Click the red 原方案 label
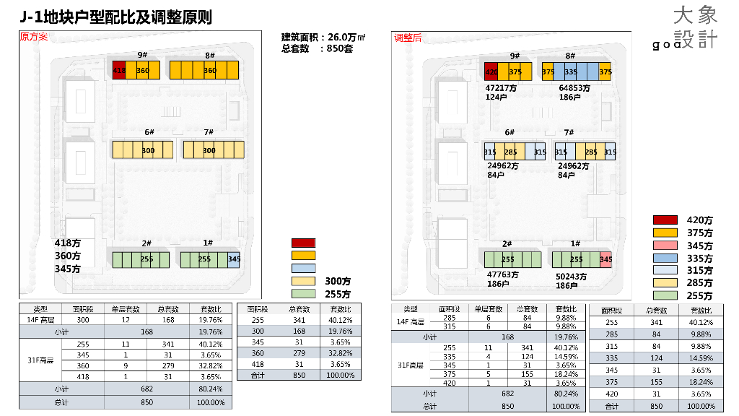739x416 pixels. click(x=34, y=37)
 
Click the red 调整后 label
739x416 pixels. click(x=408, y=38)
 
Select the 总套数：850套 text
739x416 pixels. click(x=317, y=48)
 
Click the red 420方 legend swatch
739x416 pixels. click(x=665, y=220)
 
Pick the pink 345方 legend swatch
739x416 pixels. click(x=665, y=245)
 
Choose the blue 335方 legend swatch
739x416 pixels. click(x=665, y=258)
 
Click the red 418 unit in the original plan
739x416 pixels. click(x=119, y=70)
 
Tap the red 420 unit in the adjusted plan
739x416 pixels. click(x=491, y=71)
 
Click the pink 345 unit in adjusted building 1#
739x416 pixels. click(x=606, y=259)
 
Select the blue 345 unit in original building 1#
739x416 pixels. click(x=234, y=259)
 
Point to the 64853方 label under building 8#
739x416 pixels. click(x=574, y=88)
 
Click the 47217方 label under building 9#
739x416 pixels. click(x=501, y=88)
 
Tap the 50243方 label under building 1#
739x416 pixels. click(x=572, y=276)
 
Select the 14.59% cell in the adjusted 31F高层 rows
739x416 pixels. click(x=567, y=356)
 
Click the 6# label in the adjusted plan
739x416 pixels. click(x=510, y=132)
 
